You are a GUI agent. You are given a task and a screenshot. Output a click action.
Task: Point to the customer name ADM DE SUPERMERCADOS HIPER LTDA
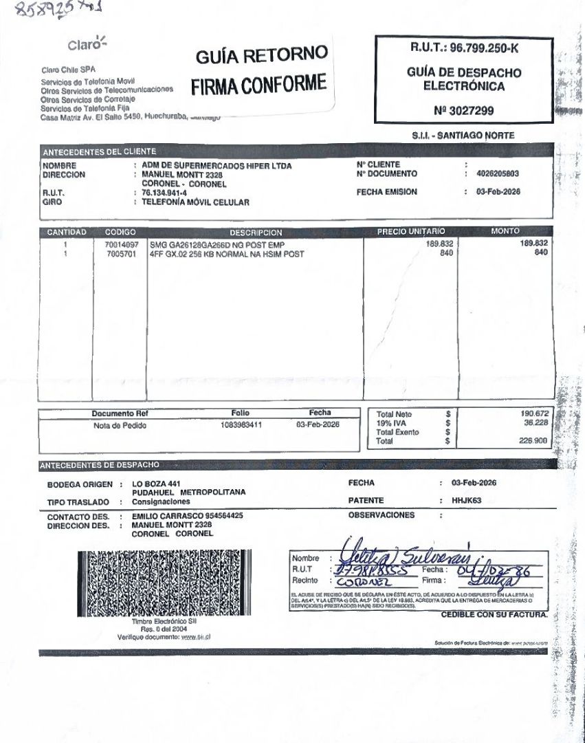pos(217,166)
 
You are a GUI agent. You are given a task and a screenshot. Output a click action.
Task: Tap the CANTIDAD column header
pos(66,233)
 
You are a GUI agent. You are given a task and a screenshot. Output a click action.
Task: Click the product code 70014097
pos(122,245)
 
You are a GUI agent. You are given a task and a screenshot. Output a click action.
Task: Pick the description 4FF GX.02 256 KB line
pos(227,254)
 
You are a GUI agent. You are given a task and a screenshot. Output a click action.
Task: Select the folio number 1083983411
pos(241,425)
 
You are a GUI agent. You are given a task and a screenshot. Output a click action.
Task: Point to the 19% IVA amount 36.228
pos(534,423)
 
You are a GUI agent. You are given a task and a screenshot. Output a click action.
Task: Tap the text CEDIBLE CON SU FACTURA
pos(494,614)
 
